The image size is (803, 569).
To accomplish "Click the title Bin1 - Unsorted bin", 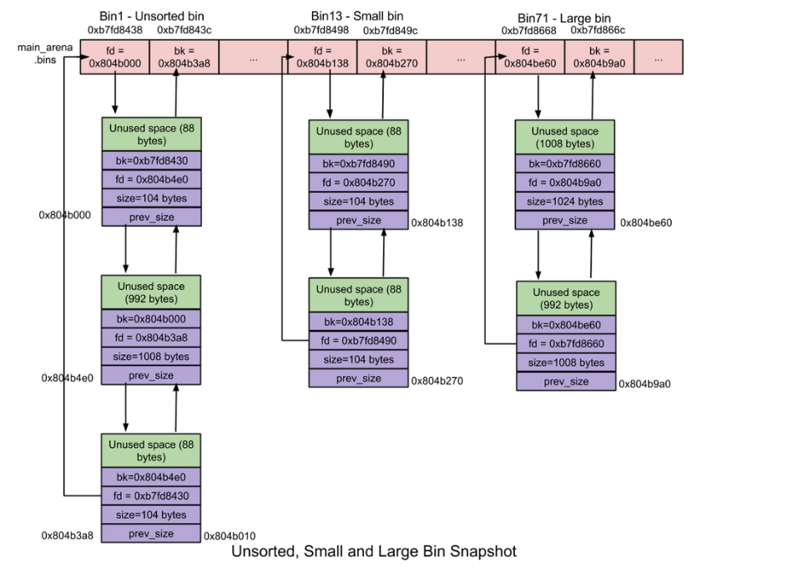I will pyautogui.click(x=151, y=17).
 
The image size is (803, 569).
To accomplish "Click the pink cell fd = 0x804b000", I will pyautogui.click(x=114, y=56).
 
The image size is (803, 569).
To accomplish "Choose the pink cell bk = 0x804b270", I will pyautogui.click(x=391, y=56).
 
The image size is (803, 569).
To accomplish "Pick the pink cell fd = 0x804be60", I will pyautogui.click(x=529, y=56).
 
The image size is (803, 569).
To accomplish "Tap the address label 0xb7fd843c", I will pyautogui.click(x=184, y=30).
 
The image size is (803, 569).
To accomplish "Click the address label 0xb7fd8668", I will pyautogui.click(x=529, y=30).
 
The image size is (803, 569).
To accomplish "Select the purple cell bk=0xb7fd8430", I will pyautogui.click(x=151, y=160).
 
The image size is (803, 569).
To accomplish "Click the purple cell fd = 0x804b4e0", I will pyautogui.click(x=151, y=179).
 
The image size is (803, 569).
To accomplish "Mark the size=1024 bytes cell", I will pyautogui.click(x=565, y=201).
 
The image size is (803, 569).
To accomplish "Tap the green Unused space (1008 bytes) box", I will pyautogui.click(x=565, y=137).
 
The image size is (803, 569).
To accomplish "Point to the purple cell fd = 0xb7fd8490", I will pyautogui.click(x=358, y=340).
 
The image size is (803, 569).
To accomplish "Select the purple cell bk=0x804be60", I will pyautogui.click(x=566, y=324).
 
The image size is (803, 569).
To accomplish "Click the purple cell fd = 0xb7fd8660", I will pyautogui.click(x=566, y=343).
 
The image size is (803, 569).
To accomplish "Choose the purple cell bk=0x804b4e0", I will pyautogui.click(x=151, y=476).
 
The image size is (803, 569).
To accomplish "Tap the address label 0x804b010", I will pyautogui.click(x=230, y=536).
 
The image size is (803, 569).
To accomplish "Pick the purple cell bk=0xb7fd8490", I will pyautogui.click(x=358, y=163).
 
